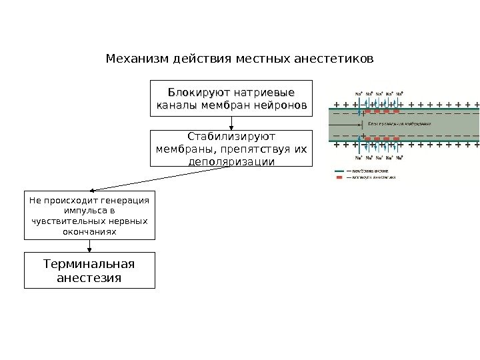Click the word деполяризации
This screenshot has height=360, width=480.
pyautogui.click(x=231, y=161)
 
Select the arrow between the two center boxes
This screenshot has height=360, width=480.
pyautogui.click(x=231, y=123)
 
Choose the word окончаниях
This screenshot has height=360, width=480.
pyautogui.click(x=89, y=231)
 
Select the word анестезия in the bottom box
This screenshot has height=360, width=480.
pyautogui.click(x=89, y=277)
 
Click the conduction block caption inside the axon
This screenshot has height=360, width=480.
pyautogui.click(x=399, y=124)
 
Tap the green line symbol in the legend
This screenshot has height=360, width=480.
pyautogui.click(x=339, y=171)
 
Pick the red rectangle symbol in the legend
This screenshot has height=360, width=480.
pyautogui.click(x=339, y=178)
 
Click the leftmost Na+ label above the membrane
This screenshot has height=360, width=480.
pyautogui.click(x=358, y=94)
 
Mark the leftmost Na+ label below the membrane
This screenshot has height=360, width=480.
pyautogui.click(x=358, y=158)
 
